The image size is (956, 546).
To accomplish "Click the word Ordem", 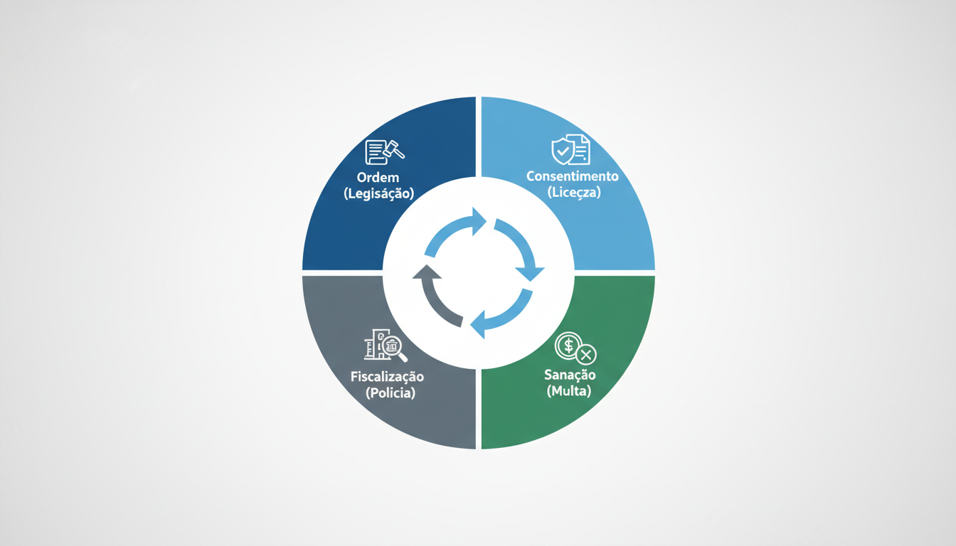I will coord(378,177).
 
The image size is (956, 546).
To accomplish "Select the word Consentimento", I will coord(573,176).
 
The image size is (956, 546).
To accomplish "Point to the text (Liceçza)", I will coord(573,192).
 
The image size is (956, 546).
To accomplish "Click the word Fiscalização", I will coord(387,376).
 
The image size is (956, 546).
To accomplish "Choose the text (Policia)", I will coord(387,392).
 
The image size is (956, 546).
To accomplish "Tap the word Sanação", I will coord(570,375).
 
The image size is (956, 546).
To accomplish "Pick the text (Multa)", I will coord(569,391).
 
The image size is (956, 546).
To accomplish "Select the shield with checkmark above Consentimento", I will coord(563,151).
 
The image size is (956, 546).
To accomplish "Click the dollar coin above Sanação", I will coord(568,346).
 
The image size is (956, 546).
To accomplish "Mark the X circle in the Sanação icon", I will coord(587,353).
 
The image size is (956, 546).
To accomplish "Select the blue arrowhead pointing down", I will coord(531,272).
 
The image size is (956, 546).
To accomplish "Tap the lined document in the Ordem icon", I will coord(375,152).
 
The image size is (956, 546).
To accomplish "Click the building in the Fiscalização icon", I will coord(376,344).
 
